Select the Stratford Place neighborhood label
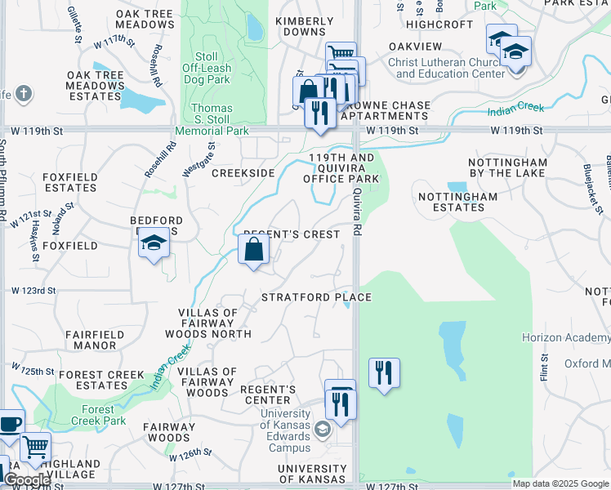(x=316, y=297)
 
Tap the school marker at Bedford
(x=153, y=243)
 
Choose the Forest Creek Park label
(x=104, y=415)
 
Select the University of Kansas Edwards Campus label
(x=285, y=430)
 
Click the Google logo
(x=26, y=480)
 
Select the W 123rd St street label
(x=33, y=291)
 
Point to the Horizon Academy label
(x=565, y=337)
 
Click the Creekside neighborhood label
(x=243, y=173)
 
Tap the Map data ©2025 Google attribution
(x=560, y=483)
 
